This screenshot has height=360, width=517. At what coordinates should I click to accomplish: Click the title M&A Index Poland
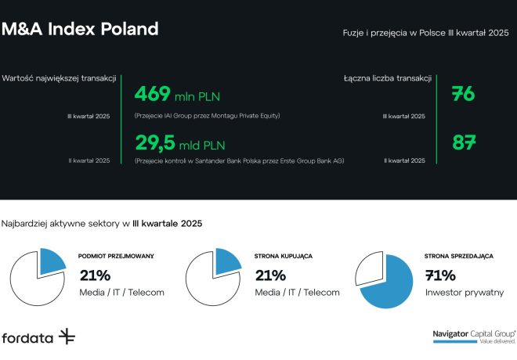(x=80, y=30)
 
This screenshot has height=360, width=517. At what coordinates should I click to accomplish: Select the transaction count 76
(x=464, y=95)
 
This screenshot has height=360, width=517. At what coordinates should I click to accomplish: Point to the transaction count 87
(x=465, y=142)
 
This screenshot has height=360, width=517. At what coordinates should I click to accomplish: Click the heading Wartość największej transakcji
(x=60, y=78)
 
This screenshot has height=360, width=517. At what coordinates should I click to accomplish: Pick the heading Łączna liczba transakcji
(x=388, y=78)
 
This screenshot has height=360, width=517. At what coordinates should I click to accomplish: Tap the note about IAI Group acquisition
(x=208, y=116)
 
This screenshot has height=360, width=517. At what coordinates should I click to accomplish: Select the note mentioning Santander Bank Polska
(x=240, y=160)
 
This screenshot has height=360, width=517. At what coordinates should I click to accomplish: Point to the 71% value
(x=439, y=275)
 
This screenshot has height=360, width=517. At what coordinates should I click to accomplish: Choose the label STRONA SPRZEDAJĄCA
(x=458, y=256)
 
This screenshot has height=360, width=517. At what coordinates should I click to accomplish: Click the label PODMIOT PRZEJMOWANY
(x=116, y=256)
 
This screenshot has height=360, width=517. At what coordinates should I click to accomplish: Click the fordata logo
(x=38, y=337)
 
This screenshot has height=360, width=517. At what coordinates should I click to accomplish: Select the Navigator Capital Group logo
(x=474, y=335)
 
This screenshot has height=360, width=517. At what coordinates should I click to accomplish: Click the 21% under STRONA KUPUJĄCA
(x=270, y=275)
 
